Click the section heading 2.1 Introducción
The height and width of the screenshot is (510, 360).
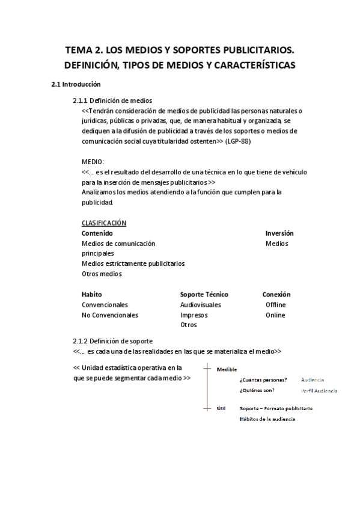(x=76, y=85)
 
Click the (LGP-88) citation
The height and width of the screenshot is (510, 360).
(x=239, y=141)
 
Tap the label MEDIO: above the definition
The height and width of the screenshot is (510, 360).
(x=93, y=162)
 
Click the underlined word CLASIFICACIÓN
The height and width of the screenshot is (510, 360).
(x=103, y=223)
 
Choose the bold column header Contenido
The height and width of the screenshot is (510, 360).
(x=97, y=233)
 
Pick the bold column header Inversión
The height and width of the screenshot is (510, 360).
(x=279, y=233)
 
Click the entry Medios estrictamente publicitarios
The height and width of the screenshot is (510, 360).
(x=133, y=263)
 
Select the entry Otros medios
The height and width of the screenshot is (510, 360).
(x=102, y=274)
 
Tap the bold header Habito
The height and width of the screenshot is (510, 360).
(x=91, y=295)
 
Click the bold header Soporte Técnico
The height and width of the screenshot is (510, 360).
(x=204, y=295)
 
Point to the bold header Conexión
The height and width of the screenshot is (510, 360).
(x=276, y=295)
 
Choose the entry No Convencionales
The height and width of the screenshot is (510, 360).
(x=109, y=315)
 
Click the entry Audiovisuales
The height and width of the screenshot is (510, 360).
(x=201, y=305)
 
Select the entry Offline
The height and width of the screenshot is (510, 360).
(x=275, y=305)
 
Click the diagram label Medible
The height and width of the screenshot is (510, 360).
(x=227, y=369)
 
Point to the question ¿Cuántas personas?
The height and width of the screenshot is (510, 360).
(x=263, y=380)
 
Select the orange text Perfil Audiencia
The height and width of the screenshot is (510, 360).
(x=319, y=391)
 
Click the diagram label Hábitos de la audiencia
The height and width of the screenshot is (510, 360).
(x=267, y=419)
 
